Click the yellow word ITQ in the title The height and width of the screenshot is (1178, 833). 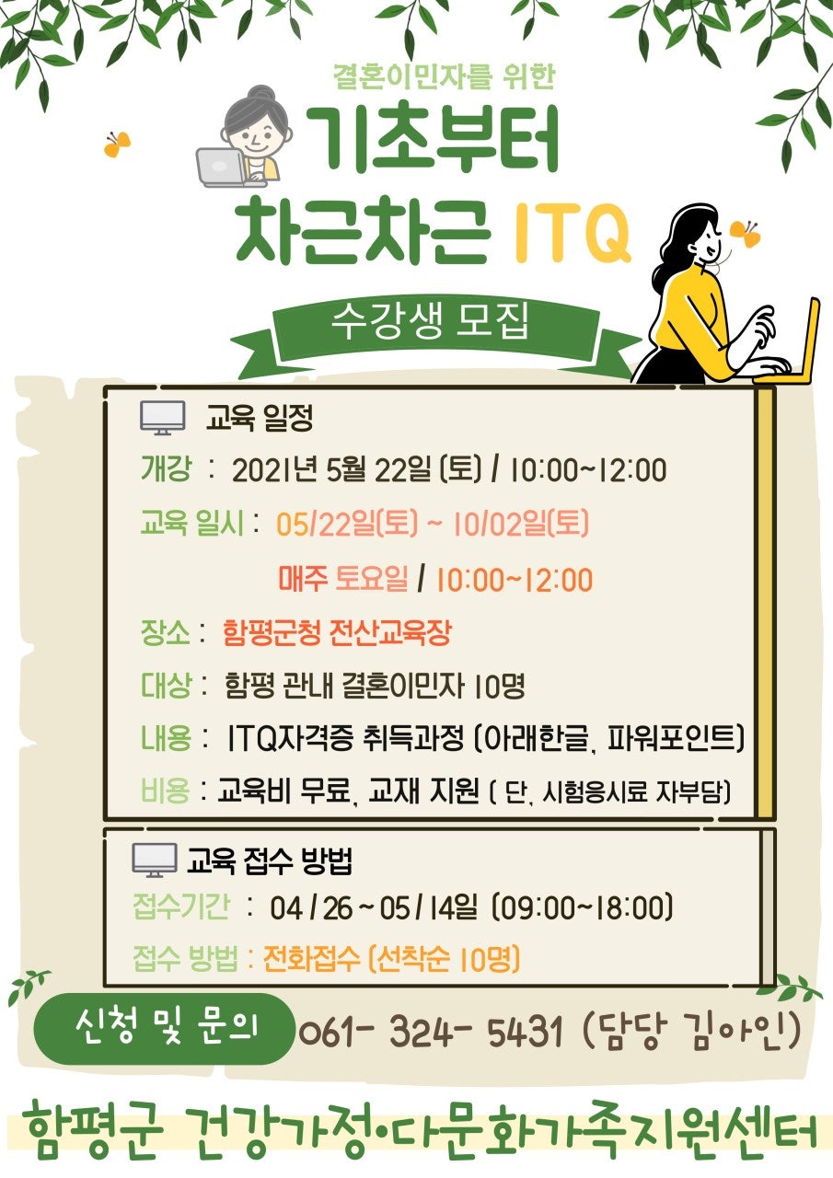click(573, 231)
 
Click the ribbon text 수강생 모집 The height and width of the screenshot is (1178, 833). click(429, 321)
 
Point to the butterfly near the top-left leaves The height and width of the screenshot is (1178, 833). click(117, 144)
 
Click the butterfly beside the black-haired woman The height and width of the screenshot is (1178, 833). click(746, 234)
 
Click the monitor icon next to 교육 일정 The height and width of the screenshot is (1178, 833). click(163, 418)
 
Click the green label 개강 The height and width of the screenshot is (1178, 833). click(165, 468)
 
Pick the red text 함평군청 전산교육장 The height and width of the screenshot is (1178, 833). click(337, 631)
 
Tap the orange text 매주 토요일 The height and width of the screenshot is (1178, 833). click(343, 578)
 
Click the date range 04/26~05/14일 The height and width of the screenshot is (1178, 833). click(374, 907)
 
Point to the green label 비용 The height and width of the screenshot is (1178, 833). click(165, 790)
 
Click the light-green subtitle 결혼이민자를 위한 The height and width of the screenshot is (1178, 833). click(443, 75)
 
